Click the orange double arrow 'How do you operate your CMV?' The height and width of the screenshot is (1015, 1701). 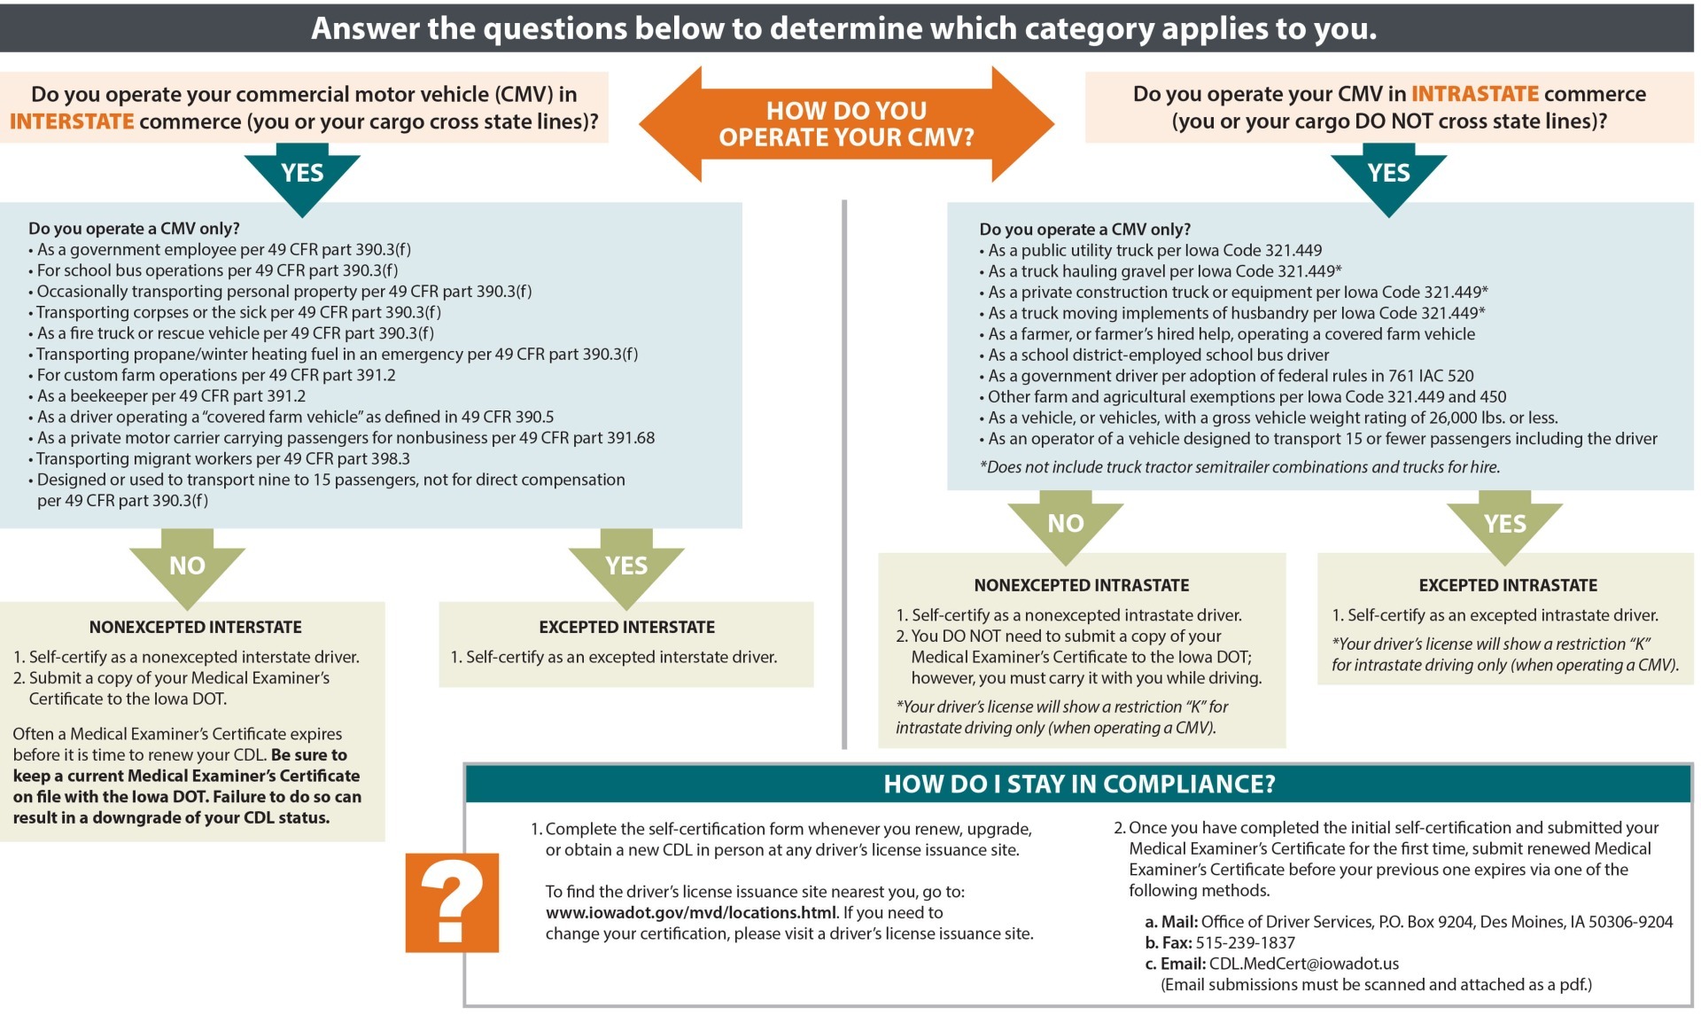pyautogui.click(x=846, y=124)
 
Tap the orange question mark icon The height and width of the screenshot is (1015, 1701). pyautogui.click(x=452, y=902)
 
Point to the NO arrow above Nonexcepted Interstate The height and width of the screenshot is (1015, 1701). pyautogui.click(x=187, y=567)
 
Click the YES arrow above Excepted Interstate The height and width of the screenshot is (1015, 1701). pyautogui.click(x=626, y=567)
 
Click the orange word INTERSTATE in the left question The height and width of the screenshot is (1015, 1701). pyautogui.click(x=72, y=121)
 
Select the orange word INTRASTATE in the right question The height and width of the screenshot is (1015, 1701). pyautogui.click(x=1474, y=94)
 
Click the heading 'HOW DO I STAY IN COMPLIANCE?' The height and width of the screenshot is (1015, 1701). pyautogui.click(x=1078, y=785)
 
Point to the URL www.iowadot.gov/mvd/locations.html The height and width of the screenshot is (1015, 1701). pyautogui.click(x=690, y=913)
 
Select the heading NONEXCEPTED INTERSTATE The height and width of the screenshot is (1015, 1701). pyautogui.click(x=195, y=628)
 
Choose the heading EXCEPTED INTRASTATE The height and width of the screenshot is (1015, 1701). pyautogui.click(x=1508, y=586)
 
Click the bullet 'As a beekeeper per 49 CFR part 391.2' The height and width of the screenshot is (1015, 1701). pyautogui.click(x=171, y=396)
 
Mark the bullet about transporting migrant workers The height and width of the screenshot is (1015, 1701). pyautogui.click(x=222, y=459)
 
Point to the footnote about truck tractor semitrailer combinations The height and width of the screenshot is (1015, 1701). pyautogui.click(x=1239, y=467)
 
